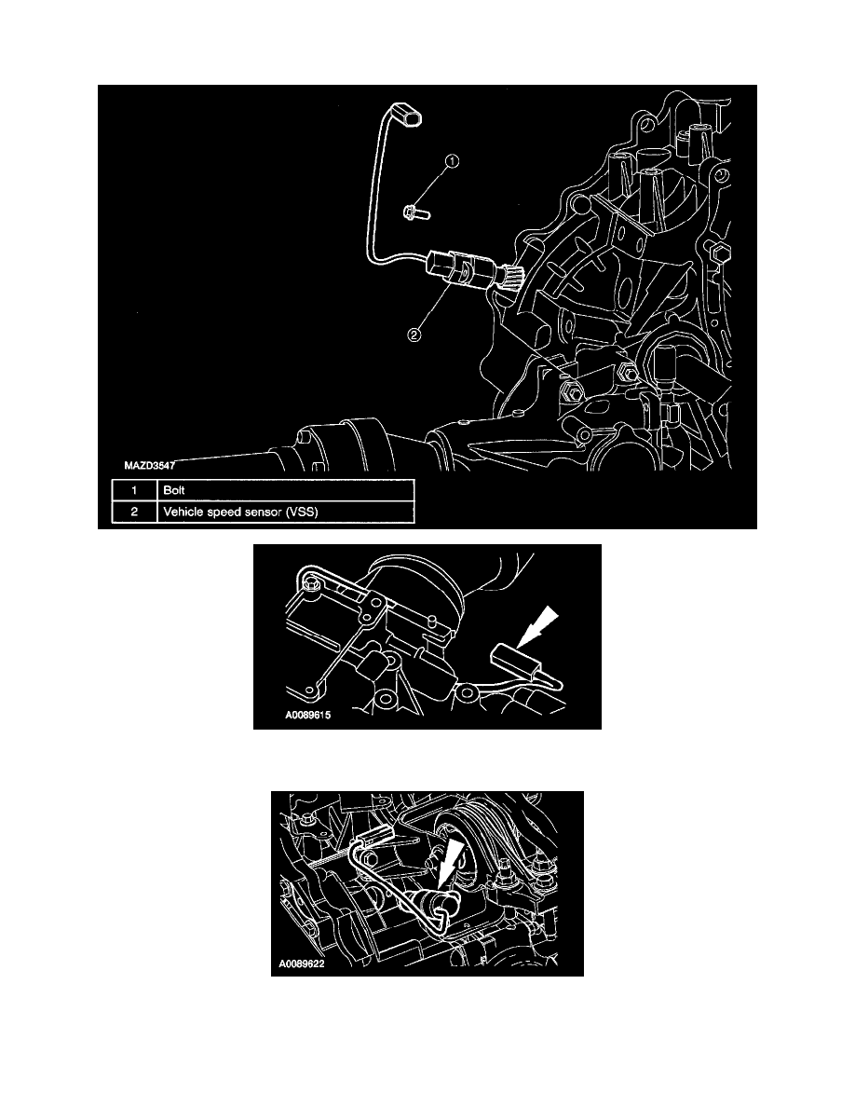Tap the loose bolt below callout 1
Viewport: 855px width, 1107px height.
point(415,213)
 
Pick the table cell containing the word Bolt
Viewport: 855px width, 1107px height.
point(285,489)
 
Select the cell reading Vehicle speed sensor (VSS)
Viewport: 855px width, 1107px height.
point(285,512)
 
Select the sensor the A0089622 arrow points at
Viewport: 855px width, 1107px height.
point(436,900)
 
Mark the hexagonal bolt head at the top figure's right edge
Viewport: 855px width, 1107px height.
point(718,252)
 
